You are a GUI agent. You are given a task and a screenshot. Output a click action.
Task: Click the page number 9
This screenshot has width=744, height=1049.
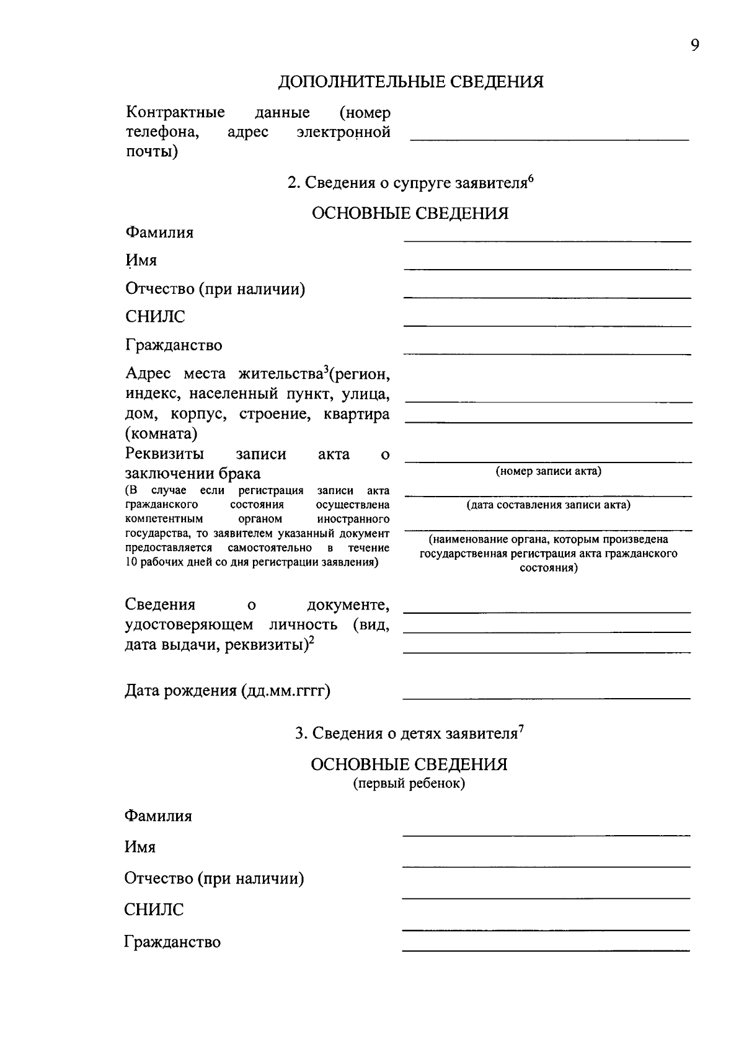[694, 46]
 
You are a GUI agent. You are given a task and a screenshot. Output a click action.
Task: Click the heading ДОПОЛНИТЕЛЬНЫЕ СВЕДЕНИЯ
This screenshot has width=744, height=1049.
[410, 82]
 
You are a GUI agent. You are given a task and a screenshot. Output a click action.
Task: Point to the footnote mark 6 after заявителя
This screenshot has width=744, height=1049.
[531, 179]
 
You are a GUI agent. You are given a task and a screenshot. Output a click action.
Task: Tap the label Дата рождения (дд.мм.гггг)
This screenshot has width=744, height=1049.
[228, 691]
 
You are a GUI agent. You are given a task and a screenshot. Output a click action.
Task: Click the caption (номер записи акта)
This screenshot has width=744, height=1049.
[548, 471]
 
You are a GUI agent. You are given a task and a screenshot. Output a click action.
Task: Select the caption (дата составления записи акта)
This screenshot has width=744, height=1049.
[548, 505]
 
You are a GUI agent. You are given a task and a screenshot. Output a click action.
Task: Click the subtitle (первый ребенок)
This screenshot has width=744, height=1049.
[409, 784]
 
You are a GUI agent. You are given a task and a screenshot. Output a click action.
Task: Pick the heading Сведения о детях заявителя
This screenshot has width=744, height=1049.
[406, 734]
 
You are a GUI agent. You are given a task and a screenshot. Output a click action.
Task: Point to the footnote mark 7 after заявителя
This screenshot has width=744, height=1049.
[521, 728]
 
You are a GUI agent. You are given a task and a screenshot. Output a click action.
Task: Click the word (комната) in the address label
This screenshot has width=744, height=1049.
[161, 433]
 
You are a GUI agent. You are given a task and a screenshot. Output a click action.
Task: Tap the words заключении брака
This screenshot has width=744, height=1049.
[193, 474]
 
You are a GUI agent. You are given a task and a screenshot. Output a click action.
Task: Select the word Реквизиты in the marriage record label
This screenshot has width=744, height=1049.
[165, 454]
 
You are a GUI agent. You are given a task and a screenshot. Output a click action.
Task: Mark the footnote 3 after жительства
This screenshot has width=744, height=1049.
[325, 370]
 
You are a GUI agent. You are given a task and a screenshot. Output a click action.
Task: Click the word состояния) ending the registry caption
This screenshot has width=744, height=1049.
[548, 568]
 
